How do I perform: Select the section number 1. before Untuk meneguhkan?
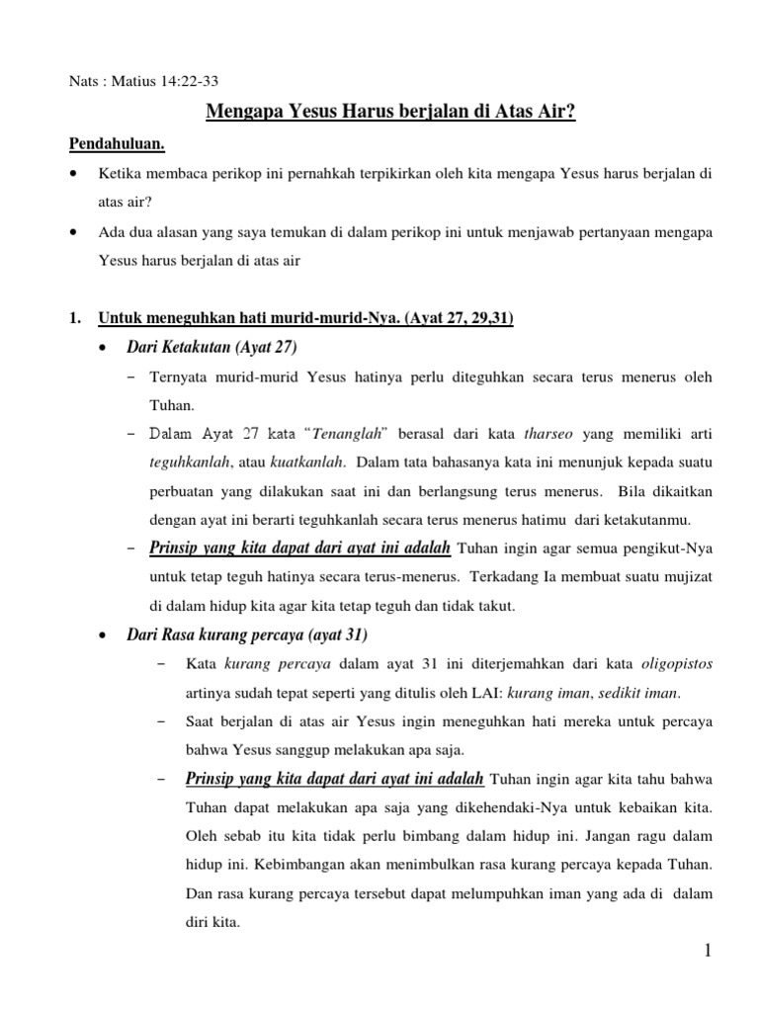75,318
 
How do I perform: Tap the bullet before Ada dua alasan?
75,233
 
